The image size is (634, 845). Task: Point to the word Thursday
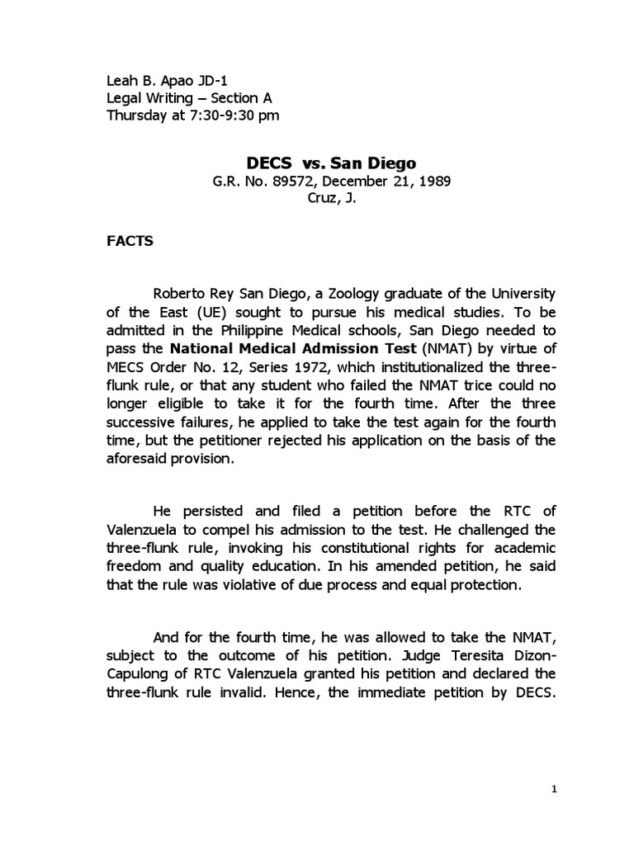[137, 115]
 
